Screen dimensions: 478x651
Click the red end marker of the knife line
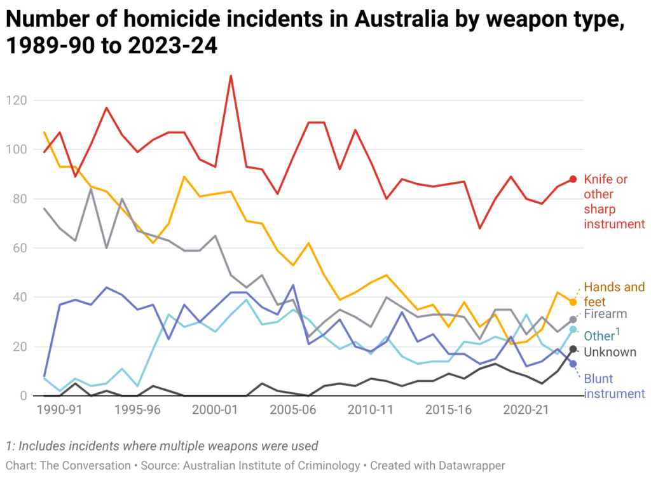click(573, 179)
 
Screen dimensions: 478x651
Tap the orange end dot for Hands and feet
click(573, 302)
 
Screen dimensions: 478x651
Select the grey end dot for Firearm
click(573, 319)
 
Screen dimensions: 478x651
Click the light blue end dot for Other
click(573, 329)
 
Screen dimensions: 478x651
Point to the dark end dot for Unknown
click(573, 349)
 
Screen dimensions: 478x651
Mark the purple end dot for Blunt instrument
click(573, 364)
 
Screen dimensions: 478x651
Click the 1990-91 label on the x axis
click(60, 410)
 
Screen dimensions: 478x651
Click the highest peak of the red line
click(231, 76)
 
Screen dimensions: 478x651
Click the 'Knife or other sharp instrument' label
click(614, 201)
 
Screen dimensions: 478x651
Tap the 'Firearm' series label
click(605, 314)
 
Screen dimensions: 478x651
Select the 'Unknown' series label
click(610, 352)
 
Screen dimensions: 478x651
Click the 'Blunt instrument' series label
click(614, 386)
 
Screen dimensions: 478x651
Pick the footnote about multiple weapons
click(161, 446)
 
